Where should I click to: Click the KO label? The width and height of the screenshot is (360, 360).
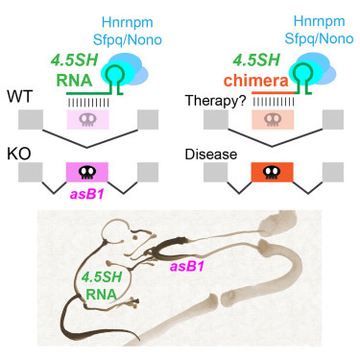tap(18, 152)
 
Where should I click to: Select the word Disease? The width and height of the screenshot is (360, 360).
tap(206, 153)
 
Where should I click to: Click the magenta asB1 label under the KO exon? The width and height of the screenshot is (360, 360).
tap(88, 195)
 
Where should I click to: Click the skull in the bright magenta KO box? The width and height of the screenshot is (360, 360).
tap(88, 174)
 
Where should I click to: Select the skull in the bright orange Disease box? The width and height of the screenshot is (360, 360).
tap(269, 174)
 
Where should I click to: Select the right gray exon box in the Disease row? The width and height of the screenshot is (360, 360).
tap(333, 173)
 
